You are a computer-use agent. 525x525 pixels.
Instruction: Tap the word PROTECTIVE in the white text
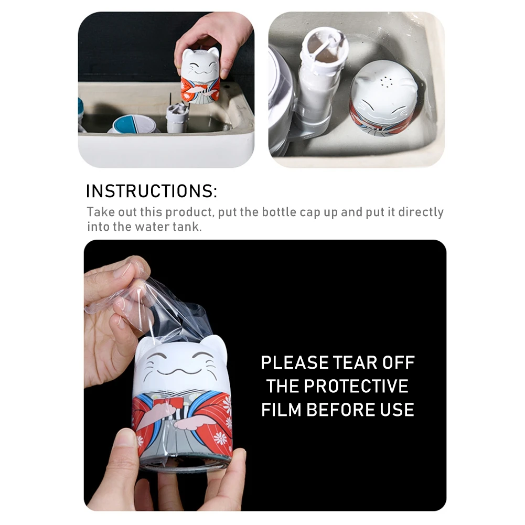coord(337,386)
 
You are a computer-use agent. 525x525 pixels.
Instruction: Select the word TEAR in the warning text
coord(344,362)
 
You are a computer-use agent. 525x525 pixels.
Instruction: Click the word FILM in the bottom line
coord(282,409)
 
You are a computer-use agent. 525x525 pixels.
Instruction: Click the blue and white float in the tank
coord(135,124)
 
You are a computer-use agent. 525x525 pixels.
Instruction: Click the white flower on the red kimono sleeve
coord(227,404)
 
